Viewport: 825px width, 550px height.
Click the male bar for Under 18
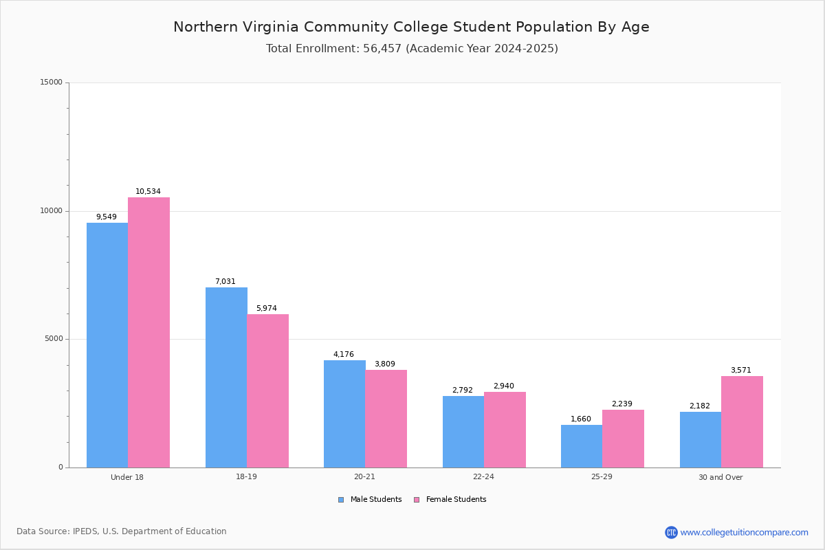tap(107, 345)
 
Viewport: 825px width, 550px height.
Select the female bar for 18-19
tap(267, 391)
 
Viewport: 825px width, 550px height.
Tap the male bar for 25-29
tap(582, 446)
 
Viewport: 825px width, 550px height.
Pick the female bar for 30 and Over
tap(742, 422)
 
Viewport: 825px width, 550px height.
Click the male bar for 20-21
tap(344, 414)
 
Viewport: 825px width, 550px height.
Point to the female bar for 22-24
tap(505, 430)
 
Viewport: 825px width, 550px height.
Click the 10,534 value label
tap(148, 191)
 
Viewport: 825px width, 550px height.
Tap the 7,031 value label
tap(225, 281)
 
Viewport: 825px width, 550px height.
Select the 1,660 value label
tap(581, 419)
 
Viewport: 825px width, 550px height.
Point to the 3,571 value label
tap(741, 370)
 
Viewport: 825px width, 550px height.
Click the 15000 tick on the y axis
tap(51, 82)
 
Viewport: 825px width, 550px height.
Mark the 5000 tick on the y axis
tap(54, 338)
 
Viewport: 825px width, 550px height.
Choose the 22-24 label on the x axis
tap(483, 476)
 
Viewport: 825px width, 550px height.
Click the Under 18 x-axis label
tap(127, 477)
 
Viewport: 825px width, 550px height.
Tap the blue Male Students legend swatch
tap(341, 500)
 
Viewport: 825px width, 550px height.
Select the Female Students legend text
tap(456, 499)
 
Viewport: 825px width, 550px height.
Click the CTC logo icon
tap(671, 532)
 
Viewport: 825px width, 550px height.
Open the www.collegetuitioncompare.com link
tap(745, 532)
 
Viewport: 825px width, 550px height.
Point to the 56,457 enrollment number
tap(382, 49)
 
